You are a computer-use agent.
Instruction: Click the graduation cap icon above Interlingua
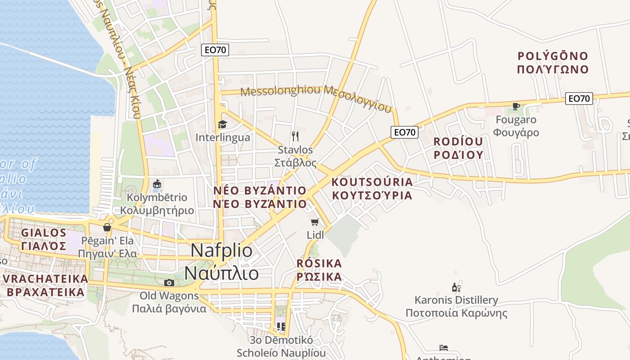(222, 124)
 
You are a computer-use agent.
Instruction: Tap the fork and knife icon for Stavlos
(295, 136)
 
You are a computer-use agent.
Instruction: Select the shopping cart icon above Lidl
(315, 222)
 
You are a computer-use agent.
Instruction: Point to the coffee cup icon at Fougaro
(516, 107)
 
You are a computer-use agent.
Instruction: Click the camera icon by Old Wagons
(169, 283)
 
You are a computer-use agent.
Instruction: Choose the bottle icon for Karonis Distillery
(456, 287)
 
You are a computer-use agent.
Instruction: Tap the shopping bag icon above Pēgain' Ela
(107, 227)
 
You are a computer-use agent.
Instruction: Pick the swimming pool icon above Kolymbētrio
(157, 184)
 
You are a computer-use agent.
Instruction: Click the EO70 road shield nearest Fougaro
(579, 99)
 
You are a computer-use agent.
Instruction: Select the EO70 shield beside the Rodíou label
(404, 132)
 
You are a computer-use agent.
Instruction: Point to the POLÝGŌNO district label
(553, 56)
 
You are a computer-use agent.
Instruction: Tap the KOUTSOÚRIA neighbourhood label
(372, 182)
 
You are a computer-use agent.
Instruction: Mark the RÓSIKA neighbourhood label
(319, 263)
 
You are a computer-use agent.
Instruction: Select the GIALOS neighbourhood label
(44, 233)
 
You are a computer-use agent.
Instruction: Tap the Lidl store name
(315, 235)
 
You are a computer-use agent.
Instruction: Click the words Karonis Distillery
(456, 300)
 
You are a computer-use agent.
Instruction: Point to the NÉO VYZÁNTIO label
(260, 190)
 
